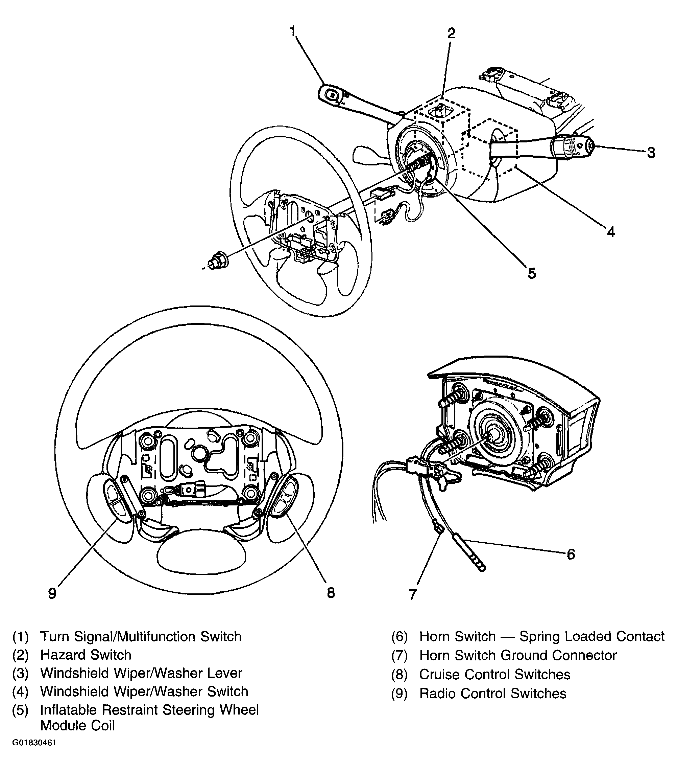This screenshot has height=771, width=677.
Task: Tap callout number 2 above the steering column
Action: click(451, 33)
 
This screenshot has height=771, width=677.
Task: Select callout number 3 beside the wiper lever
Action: click(651, 152)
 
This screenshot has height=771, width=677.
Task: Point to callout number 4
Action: click(611, 232)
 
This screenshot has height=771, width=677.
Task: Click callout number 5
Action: click(532, 273)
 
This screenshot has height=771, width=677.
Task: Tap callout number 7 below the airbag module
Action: click(413, 595)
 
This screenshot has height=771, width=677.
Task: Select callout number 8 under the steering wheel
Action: click(331, 593)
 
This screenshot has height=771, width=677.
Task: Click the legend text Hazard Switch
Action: click(86, 655)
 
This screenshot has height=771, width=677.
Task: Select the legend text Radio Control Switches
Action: click(493, 693)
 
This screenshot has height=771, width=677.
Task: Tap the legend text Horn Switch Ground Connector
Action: click(517, 656)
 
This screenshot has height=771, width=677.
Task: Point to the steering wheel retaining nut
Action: click(218, 261)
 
